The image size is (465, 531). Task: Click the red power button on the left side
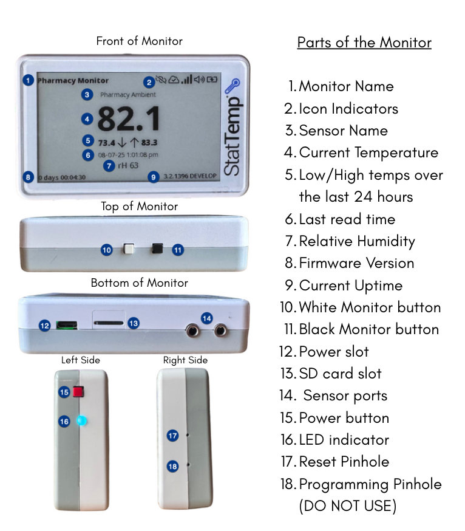(x=78, y=392)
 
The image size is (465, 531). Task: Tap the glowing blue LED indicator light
(x=81, y=421)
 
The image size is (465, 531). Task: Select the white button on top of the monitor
(x=129, y=249)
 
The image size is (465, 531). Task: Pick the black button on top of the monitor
(x=157, y=248)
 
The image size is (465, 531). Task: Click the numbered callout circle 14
(x=206, y=318)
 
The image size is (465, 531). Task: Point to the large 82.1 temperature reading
(x=129, y=118)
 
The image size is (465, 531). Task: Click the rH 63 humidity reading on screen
(x=128, y=166)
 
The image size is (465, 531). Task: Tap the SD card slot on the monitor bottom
(x=108, y=323)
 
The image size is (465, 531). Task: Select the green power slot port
(x=67, y=326)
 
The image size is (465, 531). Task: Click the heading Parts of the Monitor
(x=364, y=43)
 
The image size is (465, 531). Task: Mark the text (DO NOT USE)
(x=348, y=506)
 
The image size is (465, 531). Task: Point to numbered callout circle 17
(x=172, y=436)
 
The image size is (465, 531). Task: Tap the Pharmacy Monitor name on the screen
(x=73, y=81)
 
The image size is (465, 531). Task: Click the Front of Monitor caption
(x=140, y=41)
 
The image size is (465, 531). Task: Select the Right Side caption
(x=186, y=360)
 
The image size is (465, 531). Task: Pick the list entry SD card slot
(x=331, y=374)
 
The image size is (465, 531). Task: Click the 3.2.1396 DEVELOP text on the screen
(x=190, y=176)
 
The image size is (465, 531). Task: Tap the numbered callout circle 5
(x=87, y=140)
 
